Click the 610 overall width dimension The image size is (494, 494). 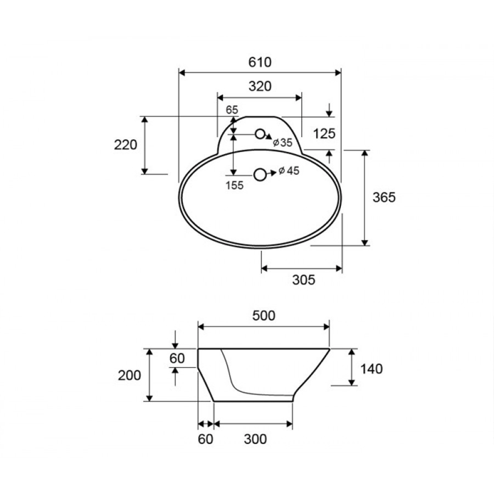pyautogui.click(x=260, y=62)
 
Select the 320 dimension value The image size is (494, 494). pyautogui.click(x=260, y=86)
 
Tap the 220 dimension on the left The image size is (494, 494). pyautogui.click(x=125, y=145)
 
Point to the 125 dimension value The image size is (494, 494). pyautogui.click(x=324, y=133)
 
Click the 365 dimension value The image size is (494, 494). pyautogui.click(x=384, y=198)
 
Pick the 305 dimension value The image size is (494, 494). pyautogui.click(x=304, y=280)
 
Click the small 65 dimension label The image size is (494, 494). pyautogui.click(x=232, y=110)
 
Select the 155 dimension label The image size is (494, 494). pyautogui.click(x=234, y=185)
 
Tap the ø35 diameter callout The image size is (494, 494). pyautogui.click(x=283, y=143)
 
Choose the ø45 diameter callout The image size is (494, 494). pyautogui.click(x=289, y=171)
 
